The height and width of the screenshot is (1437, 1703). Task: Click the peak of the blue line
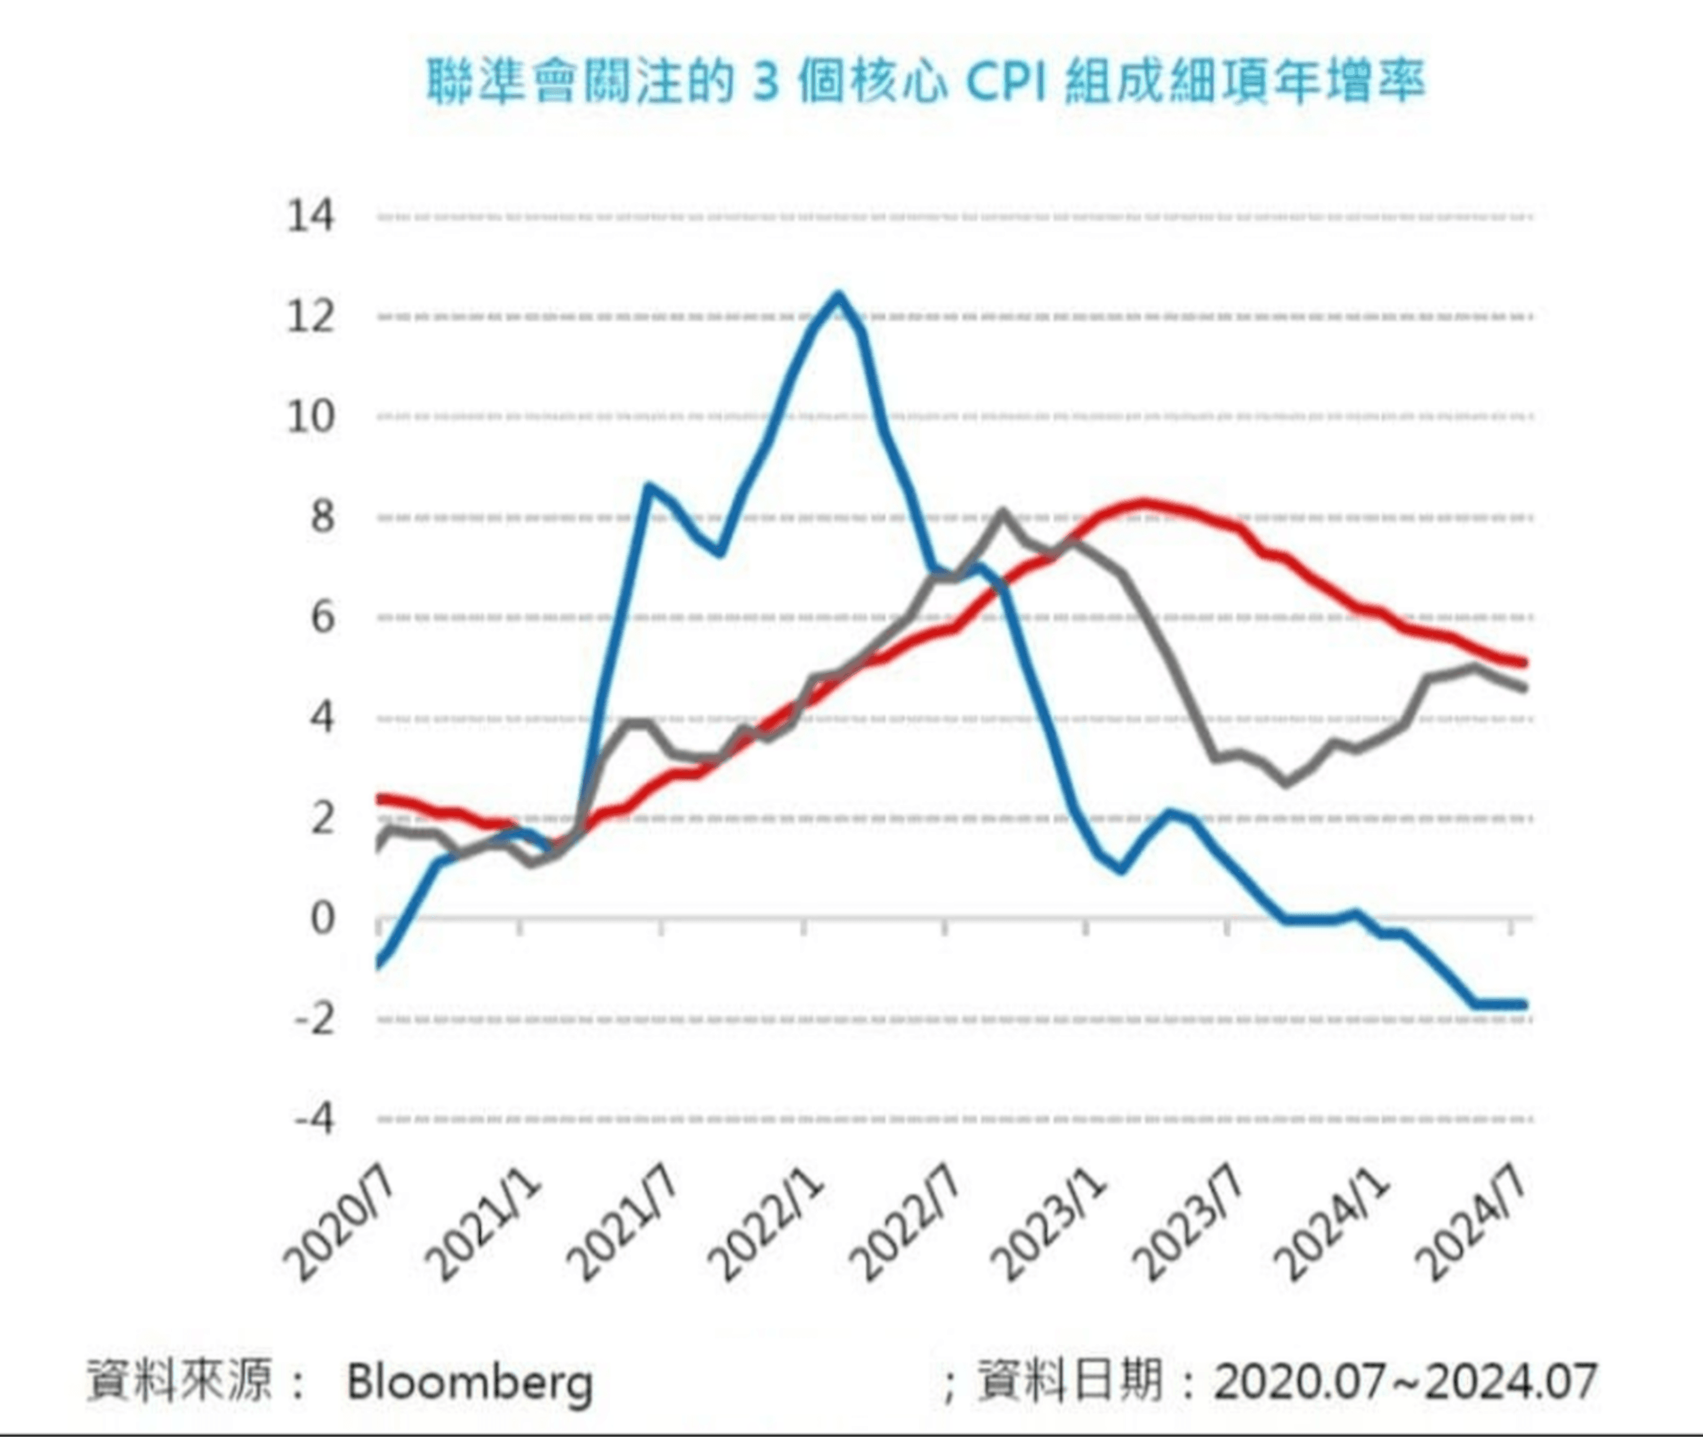838,296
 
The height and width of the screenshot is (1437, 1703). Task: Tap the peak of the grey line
1002,513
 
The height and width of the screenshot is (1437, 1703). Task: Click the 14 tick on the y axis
310,217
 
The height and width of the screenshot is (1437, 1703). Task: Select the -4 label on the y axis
314,1119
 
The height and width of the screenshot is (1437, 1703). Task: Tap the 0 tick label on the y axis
323,919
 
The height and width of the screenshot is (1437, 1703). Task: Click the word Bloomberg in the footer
470,1382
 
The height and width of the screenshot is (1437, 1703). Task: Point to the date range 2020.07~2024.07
1405,1382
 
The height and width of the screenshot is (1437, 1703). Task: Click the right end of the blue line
1525,1004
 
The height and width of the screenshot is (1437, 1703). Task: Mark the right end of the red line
1525,663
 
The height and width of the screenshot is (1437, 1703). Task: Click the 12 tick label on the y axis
310,317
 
